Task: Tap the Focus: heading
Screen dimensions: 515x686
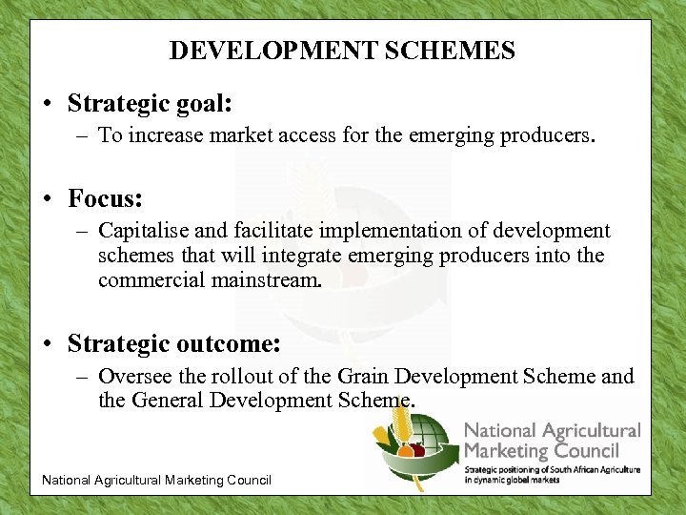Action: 106,198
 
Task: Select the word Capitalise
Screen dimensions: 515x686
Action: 145,231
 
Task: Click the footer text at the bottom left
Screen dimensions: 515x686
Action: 156,480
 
